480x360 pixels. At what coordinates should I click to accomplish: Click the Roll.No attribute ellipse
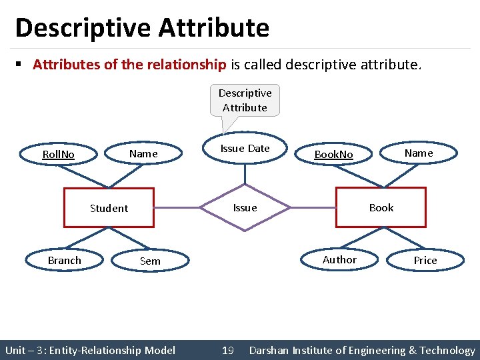coord(59,155)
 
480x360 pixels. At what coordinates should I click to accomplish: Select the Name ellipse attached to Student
coord(143,154)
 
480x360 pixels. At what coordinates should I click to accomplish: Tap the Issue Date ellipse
coord(245,149)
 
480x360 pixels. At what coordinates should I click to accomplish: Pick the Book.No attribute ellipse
coord(333,155)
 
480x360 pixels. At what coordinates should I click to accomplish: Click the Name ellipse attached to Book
coord(419,153)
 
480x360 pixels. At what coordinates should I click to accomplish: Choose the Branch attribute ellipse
coord(65,261)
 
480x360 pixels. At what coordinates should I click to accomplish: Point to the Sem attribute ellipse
coord(150,261)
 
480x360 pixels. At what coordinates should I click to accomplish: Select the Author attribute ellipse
coord(339,260)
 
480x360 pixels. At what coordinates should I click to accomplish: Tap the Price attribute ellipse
coord(425,261)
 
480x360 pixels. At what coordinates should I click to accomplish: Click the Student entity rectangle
coord(109,208)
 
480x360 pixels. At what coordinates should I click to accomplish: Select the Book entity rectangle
coord(381,207)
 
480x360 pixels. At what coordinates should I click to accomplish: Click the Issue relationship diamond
coord(245,208)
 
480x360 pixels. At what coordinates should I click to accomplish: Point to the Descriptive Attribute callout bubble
coord(245,101)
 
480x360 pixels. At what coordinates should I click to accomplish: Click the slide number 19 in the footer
coord(227,351)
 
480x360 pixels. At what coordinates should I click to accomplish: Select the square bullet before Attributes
coord(20,65)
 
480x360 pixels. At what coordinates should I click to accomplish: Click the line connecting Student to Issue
coord(177,208)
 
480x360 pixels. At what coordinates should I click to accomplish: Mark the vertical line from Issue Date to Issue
coord(245,174)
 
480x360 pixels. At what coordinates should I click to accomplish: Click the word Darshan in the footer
coord(271,351)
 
